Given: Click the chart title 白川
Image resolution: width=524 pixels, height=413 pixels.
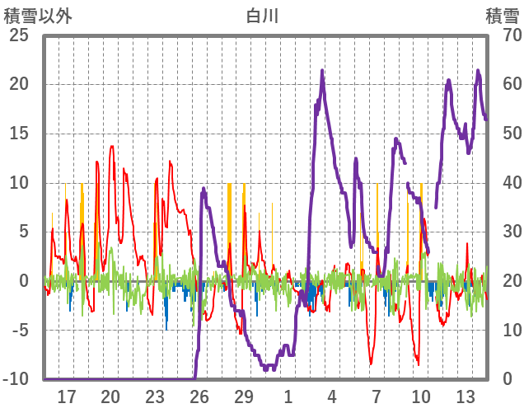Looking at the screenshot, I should (262, 15).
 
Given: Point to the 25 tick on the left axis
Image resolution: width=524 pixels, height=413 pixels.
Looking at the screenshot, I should (19, 35).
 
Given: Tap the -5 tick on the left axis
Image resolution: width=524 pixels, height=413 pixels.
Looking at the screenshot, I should (19, 331).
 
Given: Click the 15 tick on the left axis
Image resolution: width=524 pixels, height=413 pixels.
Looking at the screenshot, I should (19, 134).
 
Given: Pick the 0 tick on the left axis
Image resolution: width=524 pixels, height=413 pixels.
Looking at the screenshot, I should (24, 281).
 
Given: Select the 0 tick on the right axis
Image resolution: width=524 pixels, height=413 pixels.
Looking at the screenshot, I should (508, 379).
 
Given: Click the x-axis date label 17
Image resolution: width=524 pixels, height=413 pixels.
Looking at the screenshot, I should (66, 397).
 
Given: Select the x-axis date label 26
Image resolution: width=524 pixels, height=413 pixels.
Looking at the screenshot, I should (199, 397).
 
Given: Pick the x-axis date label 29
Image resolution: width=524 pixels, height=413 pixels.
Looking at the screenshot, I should (243, 397).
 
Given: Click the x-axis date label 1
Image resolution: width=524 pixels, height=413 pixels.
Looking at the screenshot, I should (288, 397).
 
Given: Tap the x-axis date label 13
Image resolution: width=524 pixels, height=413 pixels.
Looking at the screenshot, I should (465, 397).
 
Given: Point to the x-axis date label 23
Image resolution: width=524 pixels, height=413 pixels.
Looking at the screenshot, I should (154, 397).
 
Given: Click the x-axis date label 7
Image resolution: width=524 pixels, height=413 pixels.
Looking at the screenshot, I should (376, 397).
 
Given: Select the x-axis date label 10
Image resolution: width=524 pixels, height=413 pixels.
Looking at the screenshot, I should (420, 397).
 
